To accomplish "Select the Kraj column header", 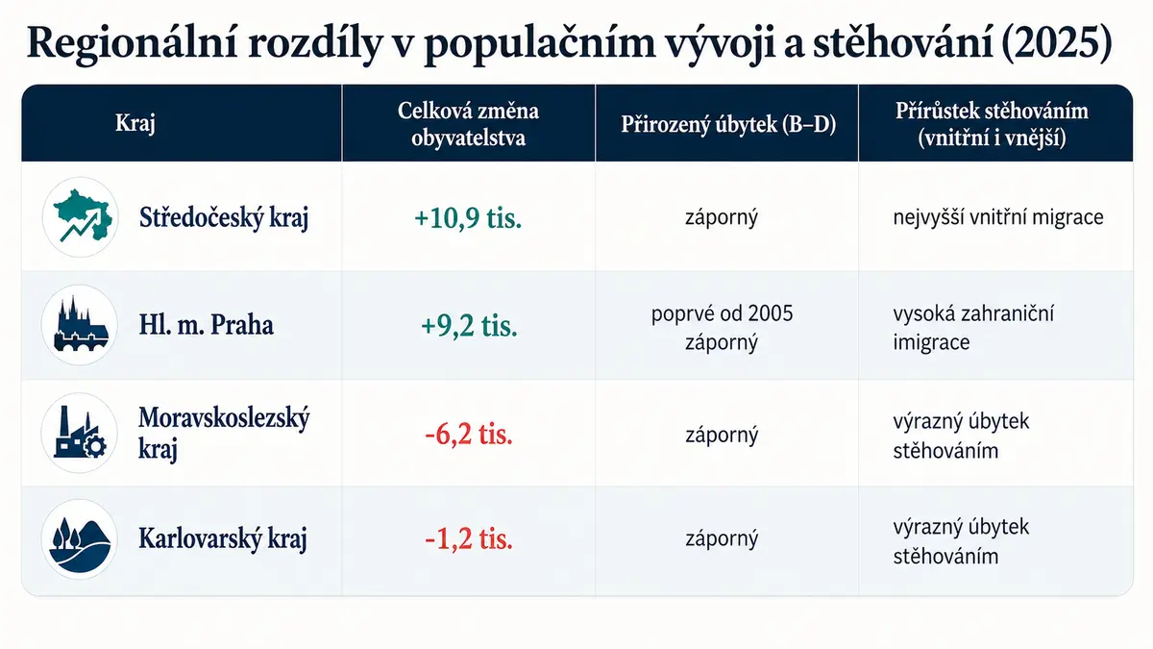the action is tap(135, 124).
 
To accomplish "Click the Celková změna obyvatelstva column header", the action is tap(469, 124).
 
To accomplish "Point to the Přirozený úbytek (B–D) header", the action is tap(728, 124).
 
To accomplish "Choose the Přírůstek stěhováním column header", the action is tap(992, 124).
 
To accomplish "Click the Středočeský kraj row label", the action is tap(224, 218).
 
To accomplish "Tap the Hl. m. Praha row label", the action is tap(206, 325).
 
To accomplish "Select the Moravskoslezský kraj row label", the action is tap(224, 434).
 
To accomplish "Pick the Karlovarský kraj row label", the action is tap(223, 539).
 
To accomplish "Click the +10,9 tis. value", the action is tap(468, 218).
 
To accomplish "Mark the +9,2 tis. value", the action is tap(469, 326).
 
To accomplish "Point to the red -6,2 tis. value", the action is tap(469, 435).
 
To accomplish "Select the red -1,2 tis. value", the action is tap(469, 539).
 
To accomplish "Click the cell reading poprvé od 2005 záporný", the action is tap(722, 328).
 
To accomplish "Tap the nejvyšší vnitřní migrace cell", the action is tap(998, 217).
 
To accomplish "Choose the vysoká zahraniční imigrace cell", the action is tap(973, 328).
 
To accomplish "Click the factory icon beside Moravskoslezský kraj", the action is tap(81, 432).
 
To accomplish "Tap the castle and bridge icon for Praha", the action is tap(81, 324).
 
